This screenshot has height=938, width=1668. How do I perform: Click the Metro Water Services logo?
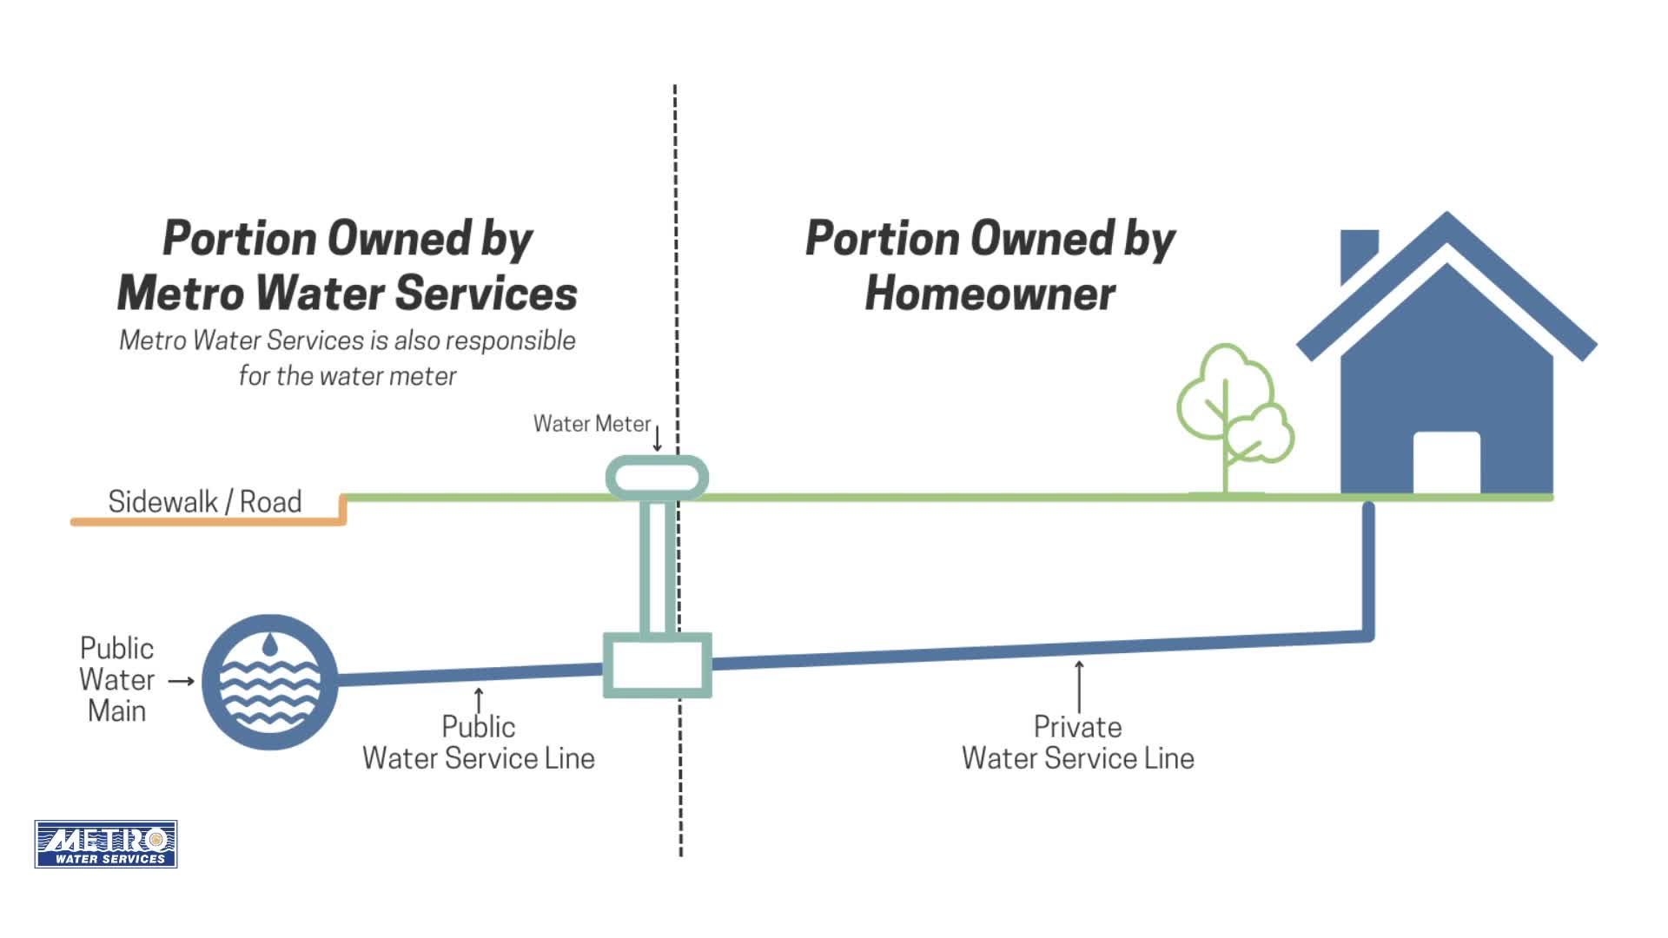[x=106, y=843]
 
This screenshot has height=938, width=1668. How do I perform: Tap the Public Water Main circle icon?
[x=269, y=682]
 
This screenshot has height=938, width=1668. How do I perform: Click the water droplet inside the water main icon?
[x=270, y=644]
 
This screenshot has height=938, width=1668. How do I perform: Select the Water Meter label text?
[x=592, y=424]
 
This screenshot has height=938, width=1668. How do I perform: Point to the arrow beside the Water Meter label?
[x=658, y=438]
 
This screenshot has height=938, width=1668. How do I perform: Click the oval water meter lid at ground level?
[x=657, y=478]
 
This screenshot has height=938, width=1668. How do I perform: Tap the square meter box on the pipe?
[x=658, y=665]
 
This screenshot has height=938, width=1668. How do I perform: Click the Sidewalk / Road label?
[x=204, y=502]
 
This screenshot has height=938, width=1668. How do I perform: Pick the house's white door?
[x=1446, y=462]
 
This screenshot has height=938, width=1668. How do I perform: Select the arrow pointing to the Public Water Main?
[x=181, y=681]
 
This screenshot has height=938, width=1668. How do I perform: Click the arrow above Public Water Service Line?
[x=479, y=699]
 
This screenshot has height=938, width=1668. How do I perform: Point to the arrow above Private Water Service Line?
[x=1079, y=686]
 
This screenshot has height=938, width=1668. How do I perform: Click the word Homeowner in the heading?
[x=990, y=294]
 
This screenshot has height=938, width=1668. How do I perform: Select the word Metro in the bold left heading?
[x=181, y=294]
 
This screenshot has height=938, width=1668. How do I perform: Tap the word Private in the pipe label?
[x=1077, y=727]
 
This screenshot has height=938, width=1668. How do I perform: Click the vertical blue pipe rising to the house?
[x=1368, y=569]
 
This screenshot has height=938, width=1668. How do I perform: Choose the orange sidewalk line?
[x=208, y=522]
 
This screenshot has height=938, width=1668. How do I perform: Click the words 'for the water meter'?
[x=347, y=376]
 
